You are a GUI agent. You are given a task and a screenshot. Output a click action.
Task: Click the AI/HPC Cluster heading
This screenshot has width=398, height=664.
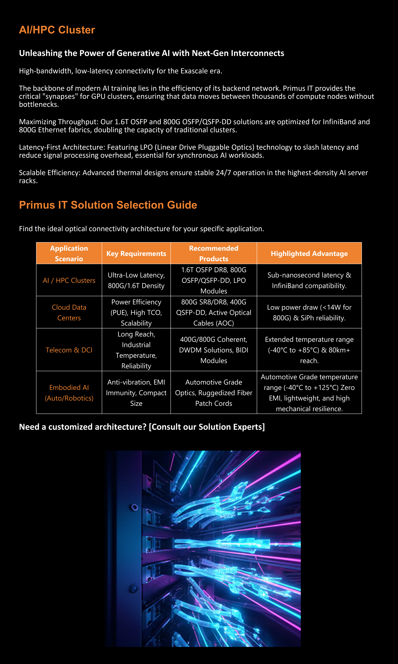(x=57, y=30)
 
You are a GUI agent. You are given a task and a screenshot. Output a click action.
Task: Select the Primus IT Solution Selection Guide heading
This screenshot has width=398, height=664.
(x=108, y=205)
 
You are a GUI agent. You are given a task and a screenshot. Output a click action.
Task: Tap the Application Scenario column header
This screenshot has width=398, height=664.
(x=69, y=253)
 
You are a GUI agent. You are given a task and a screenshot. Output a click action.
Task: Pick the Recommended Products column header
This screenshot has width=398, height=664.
(x=213, y=253)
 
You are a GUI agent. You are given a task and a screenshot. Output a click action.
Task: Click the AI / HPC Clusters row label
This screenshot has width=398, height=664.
(x=69, y=280)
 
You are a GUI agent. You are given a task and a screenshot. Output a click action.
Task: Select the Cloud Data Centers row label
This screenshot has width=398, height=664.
(x=69, y=312)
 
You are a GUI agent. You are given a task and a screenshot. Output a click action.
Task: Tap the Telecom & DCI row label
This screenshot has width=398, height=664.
(x=69, y=350)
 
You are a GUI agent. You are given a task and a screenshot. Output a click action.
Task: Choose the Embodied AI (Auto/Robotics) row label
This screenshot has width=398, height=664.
(x=69, y=393)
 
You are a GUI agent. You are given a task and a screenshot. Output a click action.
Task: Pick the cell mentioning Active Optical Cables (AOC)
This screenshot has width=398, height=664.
(x=213, y=312)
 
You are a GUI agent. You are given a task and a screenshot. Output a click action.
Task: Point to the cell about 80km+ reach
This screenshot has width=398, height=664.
(x=309, y=350)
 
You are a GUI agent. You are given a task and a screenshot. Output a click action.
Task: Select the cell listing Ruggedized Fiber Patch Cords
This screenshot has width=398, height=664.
(x=213, y=393)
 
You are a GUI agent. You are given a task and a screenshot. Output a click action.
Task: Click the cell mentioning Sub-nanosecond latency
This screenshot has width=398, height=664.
(x=309, y=280)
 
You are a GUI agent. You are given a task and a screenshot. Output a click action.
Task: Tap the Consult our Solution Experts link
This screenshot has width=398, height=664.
(x=207, y=427)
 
